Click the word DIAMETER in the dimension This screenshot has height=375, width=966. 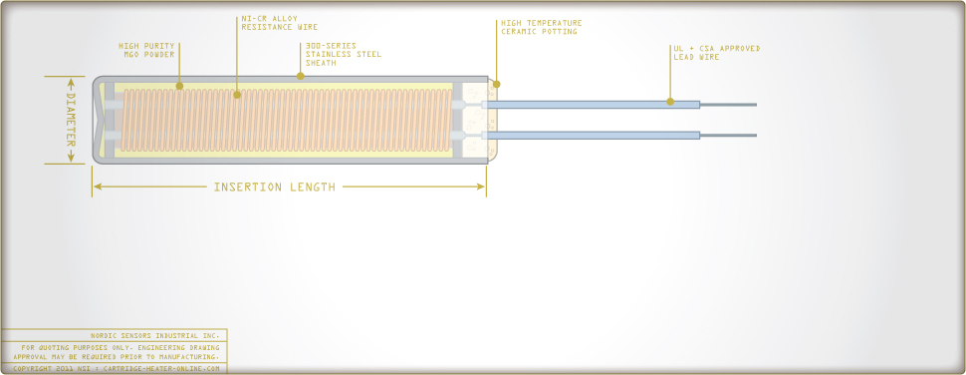click(x=71, y=121)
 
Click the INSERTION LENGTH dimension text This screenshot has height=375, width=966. click(x=275, y=187)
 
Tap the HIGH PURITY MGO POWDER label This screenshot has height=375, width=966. click(x=148, y=50)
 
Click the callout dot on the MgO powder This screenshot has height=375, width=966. click(x=179, y=86)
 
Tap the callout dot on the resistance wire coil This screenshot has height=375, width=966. click(x=237, y=95)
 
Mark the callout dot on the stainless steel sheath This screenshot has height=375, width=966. click(x=299, y=76)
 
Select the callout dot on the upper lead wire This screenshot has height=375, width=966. click(x=670, y=102)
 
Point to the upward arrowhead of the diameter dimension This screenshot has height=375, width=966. click(x=71, y=81)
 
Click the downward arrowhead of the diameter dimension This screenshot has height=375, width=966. click(x=71, y=160)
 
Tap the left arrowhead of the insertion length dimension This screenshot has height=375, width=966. click(x=97, y=187)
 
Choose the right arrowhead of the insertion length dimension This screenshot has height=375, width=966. click(x=482, y=187)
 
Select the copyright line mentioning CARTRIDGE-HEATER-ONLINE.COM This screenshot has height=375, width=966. click(x=117, y=368)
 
